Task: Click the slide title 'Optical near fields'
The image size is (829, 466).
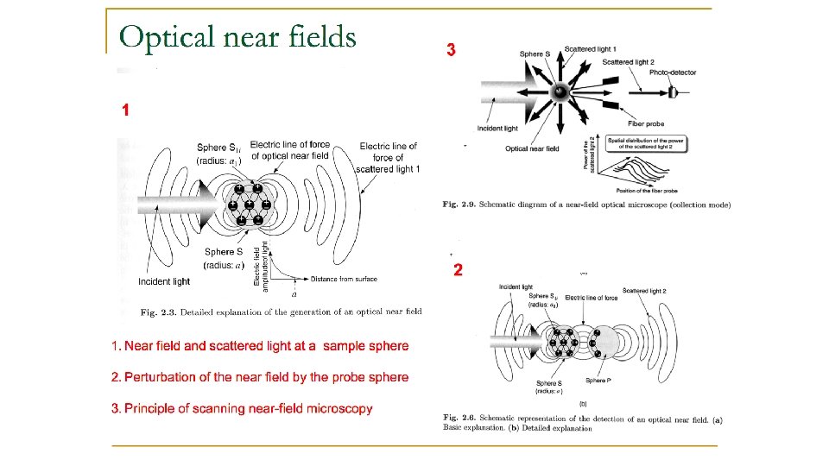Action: click(237, 36)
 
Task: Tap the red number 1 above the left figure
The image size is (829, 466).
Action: click(126, 110)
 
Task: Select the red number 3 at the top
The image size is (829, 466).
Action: click(450, 51)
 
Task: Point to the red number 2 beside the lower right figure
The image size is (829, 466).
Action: click(459, 270)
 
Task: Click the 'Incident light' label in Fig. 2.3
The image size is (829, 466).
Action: click(164, 281)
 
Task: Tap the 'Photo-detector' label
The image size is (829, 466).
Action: click(673, 72)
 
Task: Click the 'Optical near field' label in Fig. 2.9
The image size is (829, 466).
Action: click(532, 148)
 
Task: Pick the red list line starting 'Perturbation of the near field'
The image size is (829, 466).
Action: click(260, 377)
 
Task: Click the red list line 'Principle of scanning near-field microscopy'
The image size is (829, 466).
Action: click(242, 408)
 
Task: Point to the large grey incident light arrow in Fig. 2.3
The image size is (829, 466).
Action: click(173, 205)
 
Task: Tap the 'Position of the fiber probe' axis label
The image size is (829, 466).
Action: click(647, 190)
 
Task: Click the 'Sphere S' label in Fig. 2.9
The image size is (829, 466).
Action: click(532, 54)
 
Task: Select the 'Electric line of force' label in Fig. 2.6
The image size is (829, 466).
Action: click(592, 297)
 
